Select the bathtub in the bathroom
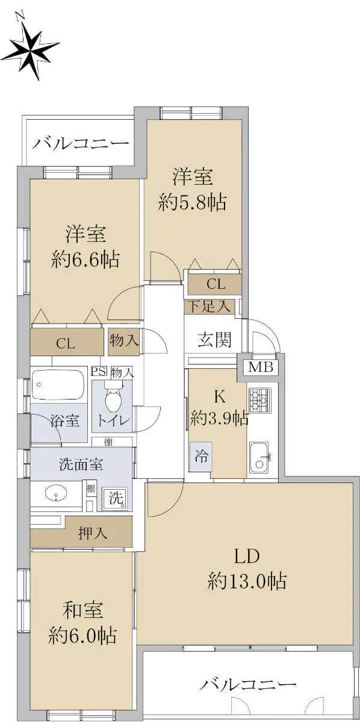[58, 384]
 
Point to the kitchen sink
[259, 457]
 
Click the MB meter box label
[261, 367]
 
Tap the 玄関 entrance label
[214, 340]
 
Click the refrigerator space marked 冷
[200, 457]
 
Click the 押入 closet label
[93, 534]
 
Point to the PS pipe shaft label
[98, 371]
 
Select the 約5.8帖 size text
[192, 202]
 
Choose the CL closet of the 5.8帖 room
[215, 284]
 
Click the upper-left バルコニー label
[80, 144]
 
